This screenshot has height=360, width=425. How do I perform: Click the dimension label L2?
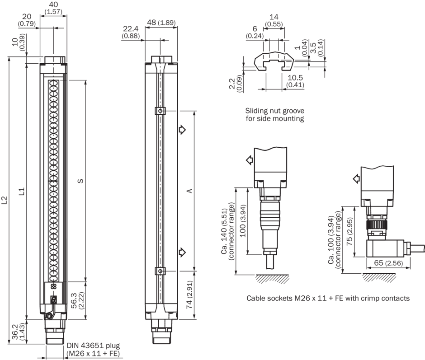pos(4,201)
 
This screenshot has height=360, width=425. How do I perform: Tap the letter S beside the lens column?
pos(80,181)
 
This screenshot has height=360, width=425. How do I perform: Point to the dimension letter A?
pos(189,191)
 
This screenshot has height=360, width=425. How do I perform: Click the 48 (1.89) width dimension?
pos(161,22)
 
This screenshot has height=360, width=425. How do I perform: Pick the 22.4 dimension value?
pos(131,29)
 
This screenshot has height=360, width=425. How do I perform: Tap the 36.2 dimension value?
pos(15,332)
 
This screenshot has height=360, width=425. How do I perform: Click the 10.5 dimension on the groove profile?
pos(295,78)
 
